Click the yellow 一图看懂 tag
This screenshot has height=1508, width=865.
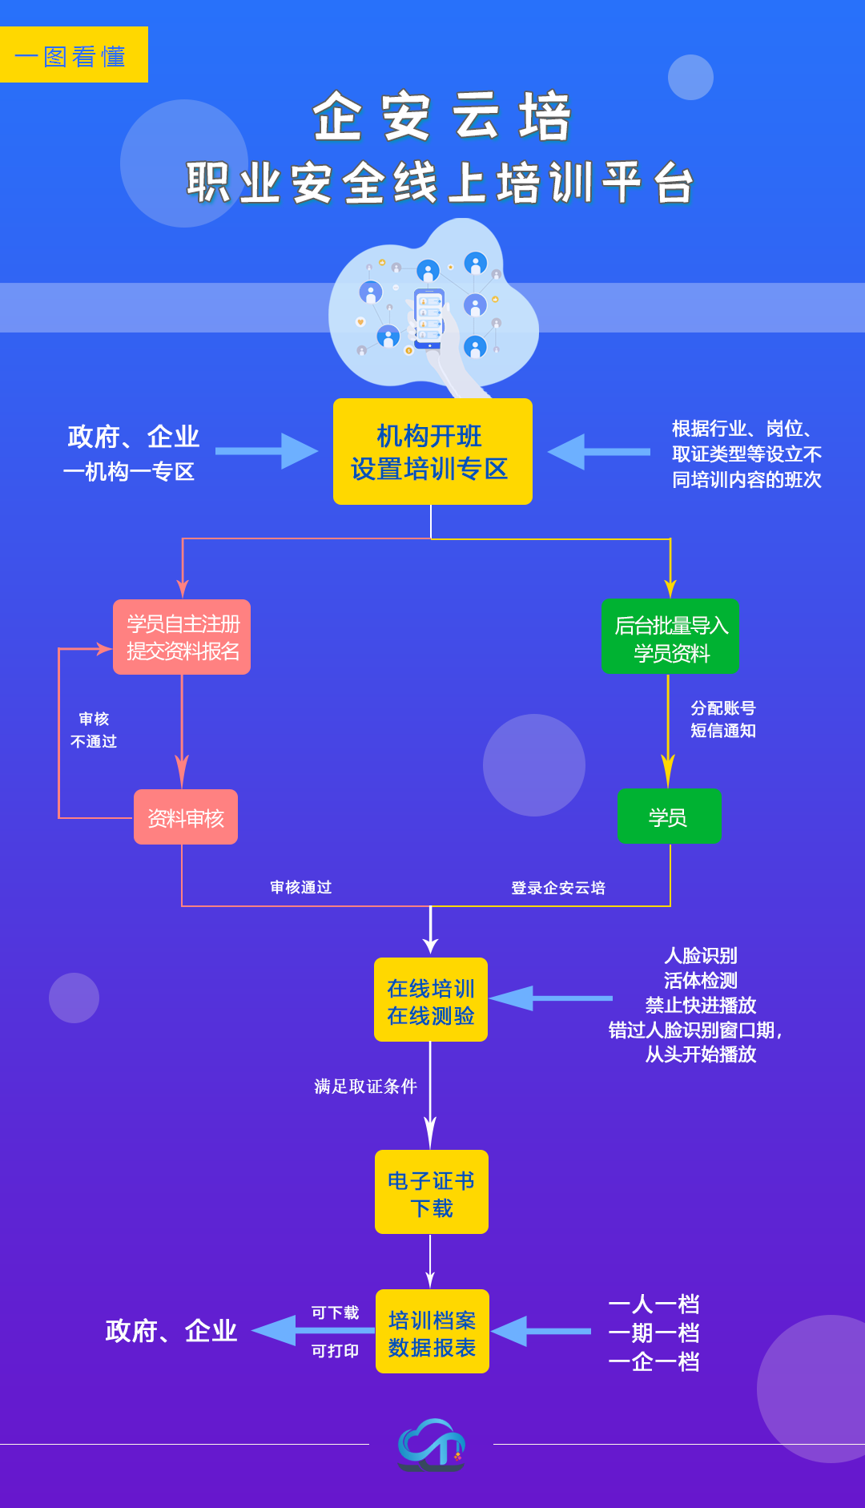click(x=74, y=55)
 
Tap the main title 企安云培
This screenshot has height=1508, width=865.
click(x=441, y=117)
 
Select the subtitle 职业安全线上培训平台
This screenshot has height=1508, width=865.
click(x=440, y=183)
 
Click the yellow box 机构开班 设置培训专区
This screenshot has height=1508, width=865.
click(x=432, y=452)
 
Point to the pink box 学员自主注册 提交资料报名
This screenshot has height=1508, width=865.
click(x=182, y=637)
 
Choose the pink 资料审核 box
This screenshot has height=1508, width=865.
click(x=186, y=817)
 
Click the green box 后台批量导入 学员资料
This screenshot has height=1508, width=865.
click(x=670, y=637)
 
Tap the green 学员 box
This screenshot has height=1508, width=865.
click(x=669, y=816)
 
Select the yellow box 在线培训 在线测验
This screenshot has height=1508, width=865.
click(x=431, y=1000)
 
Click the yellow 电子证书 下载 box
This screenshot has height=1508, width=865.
click(x=432, y=1192)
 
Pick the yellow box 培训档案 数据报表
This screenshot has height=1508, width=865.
click(x=432, y=1332)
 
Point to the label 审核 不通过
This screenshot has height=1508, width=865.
click(x=94, y=730)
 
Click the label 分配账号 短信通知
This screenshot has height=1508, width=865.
click(x=723, y=719)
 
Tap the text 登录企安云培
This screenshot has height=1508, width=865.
click(x=558, y=888)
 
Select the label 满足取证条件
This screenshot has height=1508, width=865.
click(x=365, y=1087)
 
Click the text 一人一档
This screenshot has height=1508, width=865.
click(x=654, y=1304)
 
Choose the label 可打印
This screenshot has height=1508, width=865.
click(x=335, y=1351)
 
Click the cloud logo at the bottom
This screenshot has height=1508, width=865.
click(x=432, y=1444)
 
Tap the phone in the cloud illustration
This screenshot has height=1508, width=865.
click(x=429, y=317)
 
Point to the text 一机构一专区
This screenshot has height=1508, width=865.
click(x=129, y=472)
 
